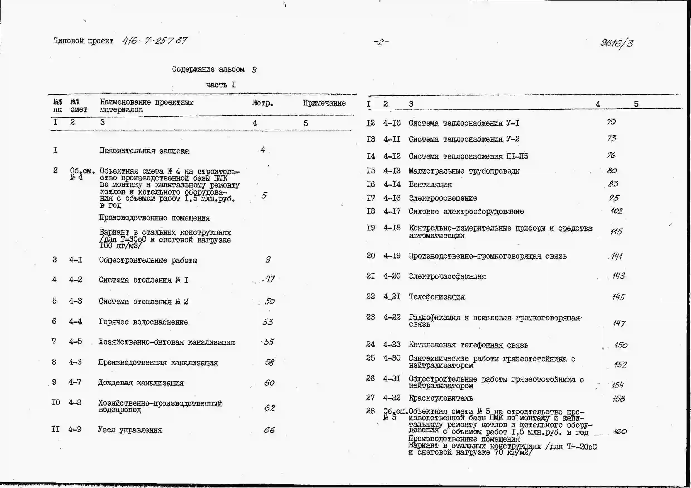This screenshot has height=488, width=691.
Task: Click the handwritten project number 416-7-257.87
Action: click(x=154, y=41)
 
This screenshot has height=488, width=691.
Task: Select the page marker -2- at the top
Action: click(x=381, y=42)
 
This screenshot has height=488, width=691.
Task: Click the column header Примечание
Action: click(x=324, y=103)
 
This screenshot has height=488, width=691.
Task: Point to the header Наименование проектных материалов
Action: click(x=147, y=106)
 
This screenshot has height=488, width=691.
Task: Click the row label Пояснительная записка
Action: click(x=144, y=151)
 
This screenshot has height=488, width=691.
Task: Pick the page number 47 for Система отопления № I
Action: click(x=269, y=279)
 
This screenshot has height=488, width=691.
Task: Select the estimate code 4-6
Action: click(x=75, y=362)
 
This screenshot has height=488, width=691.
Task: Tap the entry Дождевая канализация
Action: click(x=141, y=383)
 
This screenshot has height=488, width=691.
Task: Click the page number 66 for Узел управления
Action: click(x=269, y=430)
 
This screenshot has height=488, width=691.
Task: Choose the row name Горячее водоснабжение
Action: click(x=143, y=322)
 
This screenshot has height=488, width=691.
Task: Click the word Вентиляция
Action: click(x=430, y=185)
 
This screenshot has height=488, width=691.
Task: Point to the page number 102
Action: click(x=616, y=211)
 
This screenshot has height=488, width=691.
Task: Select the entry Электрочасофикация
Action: click(x=447, y=276)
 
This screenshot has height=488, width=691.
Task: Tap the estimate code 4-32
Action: click(x=391, y=398)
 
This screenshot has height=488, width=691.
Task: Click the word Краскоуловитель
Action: click(x=441, y=398)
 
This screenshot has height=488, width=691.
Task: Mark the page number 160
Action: click(x=620, y=432)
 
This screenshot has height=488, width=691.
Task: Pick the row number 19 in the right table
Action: click(x=371, y=228)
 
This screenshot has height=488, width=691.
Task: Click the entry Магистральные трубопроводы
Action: click(x=464, y=171)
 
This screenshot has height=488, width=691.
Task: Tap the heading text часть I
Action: click(x=221, y=85)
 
